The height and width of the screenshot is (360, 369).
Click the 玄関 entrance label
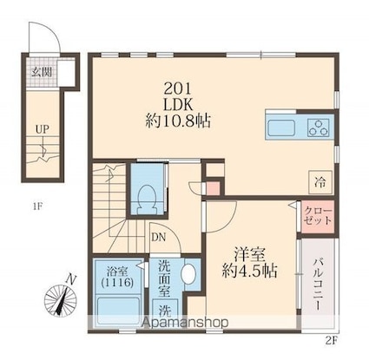[x=41, y=72]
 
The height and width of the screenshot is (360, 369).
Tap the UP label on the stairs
[x=42, y=129]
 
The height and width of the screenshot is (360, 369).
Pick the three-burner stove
[x=318, y=128]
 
